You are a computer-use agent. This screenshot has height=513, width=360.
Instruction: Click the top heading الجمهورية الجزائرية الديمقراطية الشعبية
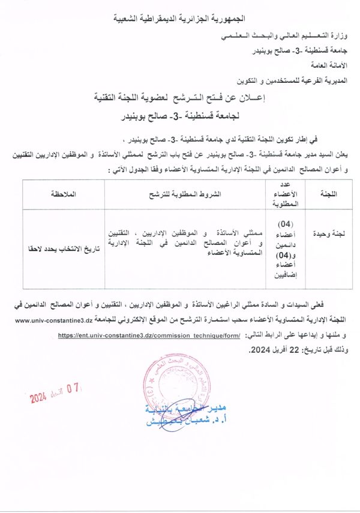point(180,20)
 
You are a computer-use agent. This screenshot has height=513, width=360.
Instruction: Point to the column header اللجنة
point(325,194)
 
